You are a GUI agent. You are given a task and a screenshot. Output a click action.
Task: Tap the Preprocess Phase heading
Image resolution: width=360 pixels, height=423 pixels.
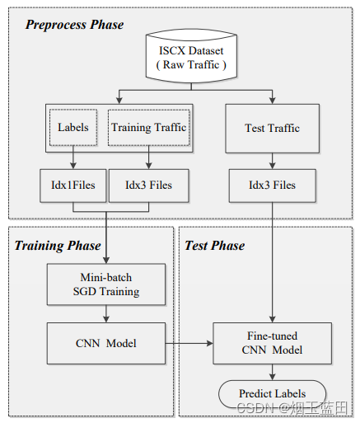pos(74,25)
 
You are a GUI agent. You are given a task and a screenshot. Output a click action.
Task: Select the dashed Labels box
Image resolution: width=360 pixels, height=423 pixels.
pos(72,128)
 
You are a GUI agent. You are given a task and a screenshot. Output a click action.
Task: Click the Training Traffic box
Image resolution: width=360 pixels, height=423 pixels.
pos(148,128)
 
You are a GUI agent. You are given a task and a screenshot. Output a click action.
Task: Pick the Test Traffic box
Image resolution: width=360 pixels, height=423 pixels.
pos(272,128)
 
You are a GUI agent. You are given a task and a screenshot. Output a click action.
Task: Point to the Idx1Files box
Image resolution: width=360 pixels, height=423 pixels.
pos(72,185)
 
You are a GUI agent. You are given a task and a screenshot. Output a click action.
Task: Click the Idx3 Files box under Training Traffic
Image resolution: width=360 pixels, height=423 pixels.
pos(148,185)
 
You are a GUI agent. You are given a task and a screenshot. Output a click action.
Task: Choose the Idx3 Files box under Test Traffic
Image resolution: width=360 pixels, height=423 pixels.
pos(272,185)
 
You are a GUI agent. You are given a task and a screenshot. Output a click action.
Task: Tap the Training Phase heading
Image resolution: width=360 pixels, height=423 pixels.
pos(58,245)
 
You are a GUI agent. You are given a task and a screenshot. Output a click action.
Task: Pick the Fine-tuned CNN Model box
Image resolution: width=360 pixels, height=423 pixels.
pos(272,343)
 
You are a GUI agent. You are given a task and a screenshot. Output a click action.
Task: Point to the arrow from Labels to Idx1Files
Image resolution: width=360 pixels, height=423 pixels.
pos(72,157)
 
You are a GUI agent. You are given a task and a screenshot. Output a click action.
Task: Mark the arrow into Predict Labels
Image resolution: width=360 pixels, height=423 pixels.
pos(272,372)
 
